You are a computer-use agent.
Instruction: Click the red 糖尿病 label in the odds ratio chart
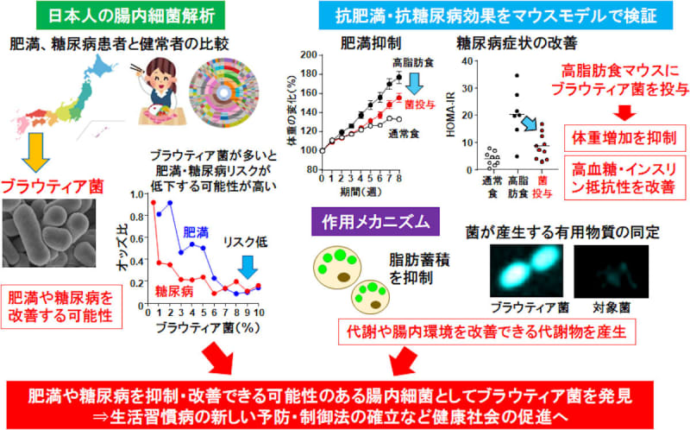coord(173,293)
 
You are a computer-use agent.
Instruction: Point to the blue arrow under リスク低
coord(248,267)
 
